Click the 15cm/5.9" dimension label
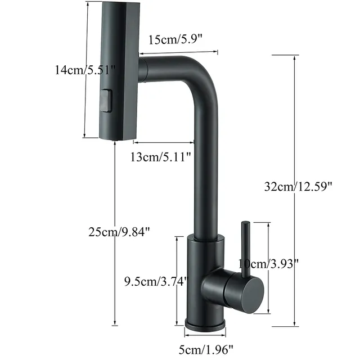(175, 40)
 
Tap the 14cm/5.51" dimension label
(85, 69)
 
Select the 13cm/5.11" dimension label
(160, 157)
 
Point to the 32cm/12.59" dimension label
(298, 186)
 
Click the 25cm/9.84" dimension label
(119, 232)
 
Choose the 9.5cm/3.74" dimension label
(156, 281)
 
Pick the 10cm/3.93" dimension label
(268, 264)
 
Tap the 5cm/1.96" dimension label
(206, 350)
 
